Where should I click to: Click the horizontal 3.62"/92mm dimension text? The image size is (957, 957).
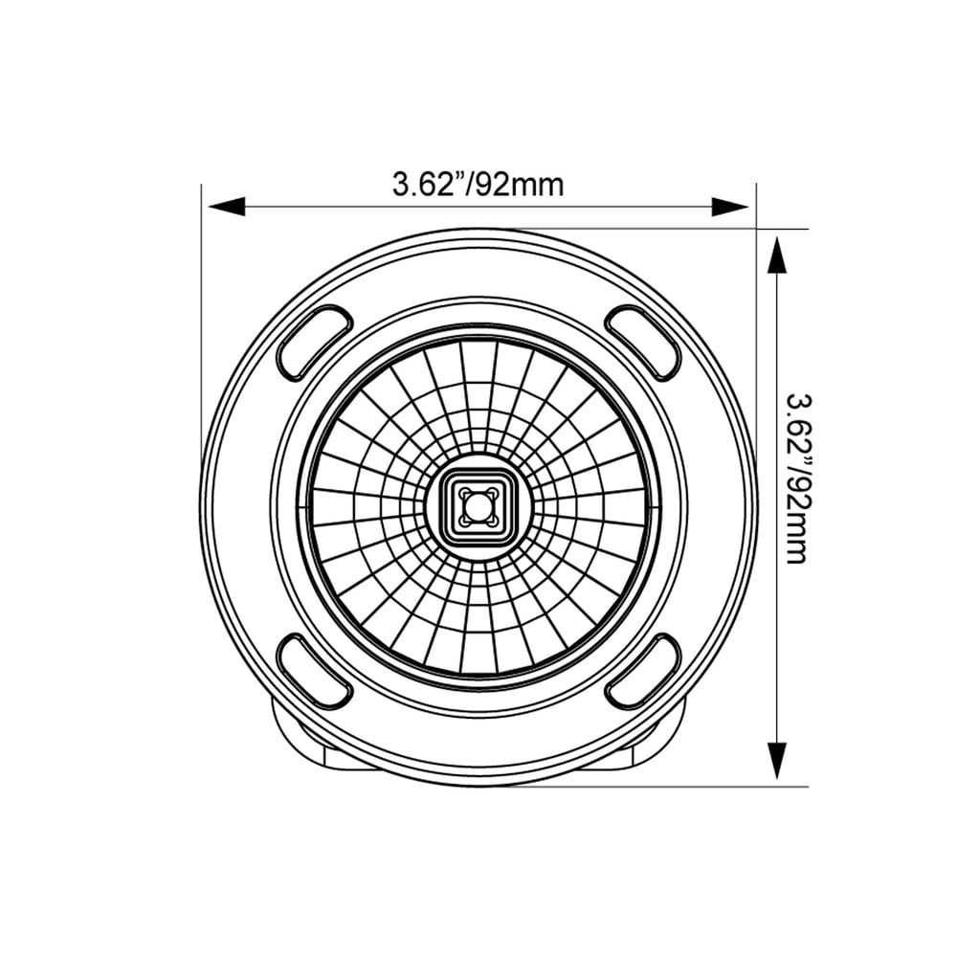(x=478, y=184)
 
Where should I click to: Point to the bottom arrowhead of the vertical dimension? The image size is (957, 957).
(x=776, y=760)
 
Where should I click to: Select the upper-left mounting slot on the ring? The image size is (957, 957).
(x=314, y=342)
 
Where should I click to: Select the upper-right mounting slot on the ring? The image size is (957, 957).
(x=643, y=342)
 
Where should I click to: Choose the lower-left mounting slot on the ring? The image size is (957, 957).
(x=314, y=671)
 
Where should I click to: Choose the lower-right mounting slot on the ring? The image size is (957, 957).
(x=643, y=671)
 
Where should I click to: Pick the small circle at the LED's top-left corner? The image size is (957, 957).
(x=463, y=492)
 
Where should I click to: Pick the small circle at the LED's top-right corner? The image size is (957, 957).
(x=492, y=492)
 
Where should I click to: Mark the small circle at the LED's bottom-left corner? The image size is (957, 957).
(x=463, y=521)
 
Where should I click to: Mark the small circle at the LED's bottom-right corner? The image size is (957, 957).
(x=492, y=521)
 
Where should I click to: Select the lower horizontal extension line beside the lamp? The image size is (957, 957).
(x=670, y=787)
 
